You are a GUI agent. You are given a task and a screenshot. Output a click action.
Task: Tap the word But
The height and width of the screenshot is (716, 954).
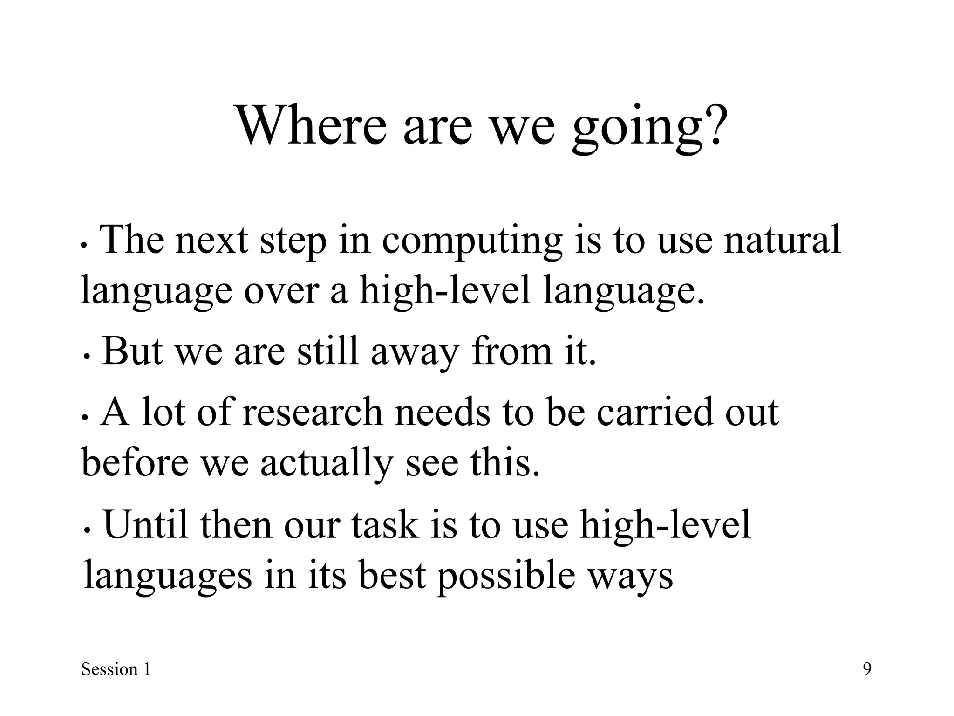coord(132,351)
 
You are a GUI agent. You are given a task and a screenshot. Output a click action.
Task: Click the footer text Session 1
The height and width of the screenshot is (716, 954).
coord(116,669)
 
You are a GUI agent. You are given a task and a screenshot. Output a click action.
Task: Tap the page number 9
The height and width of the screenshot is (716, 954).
coord(867,669)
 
